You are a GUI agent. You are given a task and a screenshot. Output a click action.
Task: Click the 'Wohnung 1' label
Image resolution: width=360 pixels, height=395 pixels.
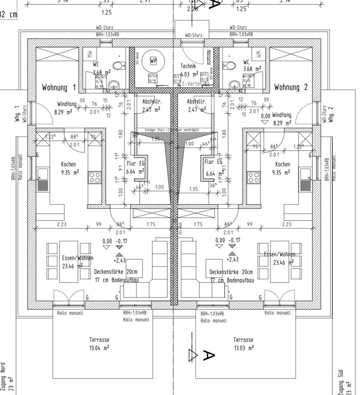click(x=59, y=88)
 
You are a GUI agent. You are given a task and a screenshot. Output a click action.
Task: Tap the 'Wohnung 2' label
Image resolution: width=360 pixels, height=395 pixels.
click(x=291, y=87)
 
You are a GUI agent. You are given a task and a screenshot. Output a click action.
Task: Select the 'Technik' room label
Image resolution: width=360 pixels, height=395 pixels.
click(x=188, y=66)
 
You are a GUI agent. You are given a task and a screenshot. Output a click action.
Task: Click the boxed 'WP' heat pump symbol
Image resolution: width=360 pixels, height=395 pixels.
click(x=153, y=61)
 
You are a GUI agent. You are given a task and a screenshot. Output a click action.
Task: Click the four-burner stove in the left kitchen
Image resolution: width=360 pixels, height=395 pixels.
click(x=94, y=177)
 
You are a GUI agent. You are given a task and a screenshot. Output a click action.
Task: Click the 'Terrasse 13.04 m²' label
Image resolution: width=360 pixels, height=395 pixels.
click(x=99, y=344)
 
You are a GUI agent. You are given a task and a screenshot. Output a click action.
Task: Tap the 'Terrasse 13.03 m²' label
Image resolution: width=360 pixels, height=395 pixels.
click(x=243, y=344)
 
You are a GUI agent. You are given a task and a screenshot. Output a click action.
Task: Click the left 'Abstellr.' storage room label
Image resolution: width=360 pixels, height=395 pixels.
click(x=152, y=105)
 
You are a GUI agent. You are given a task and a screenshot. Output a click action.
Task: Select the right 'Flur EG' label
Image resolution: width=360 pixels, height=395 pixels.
click(x=213, y=166)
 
